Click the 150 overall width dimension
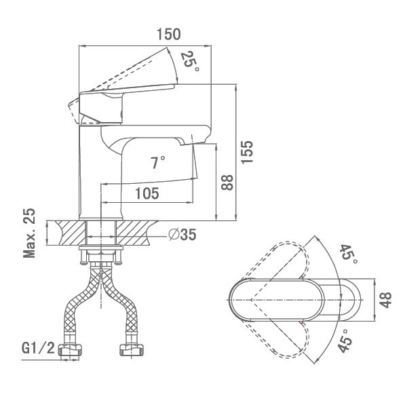(x=169, y=35)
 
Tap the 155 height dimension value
(x=247, y=152)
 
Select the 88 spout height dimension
(x=227, y=182)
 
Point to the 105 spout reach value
(x=147, y=193)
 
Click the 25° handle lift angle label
(x=190, y=61)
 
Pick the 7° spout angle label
(x=158, y=163)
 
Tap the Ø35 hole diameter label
(x=182, y=235)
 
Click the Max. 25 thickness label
(x=29, y=233)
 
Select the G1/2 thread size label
(x=38, y=348)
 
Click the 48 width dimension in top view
(x=386, y=300)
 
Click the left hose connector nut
(x=70, y=350)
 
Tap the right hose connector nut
(x=132, y=350)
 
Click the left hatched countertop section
(x=73, y=233)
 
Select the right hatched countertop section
(x=132, y=233)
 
